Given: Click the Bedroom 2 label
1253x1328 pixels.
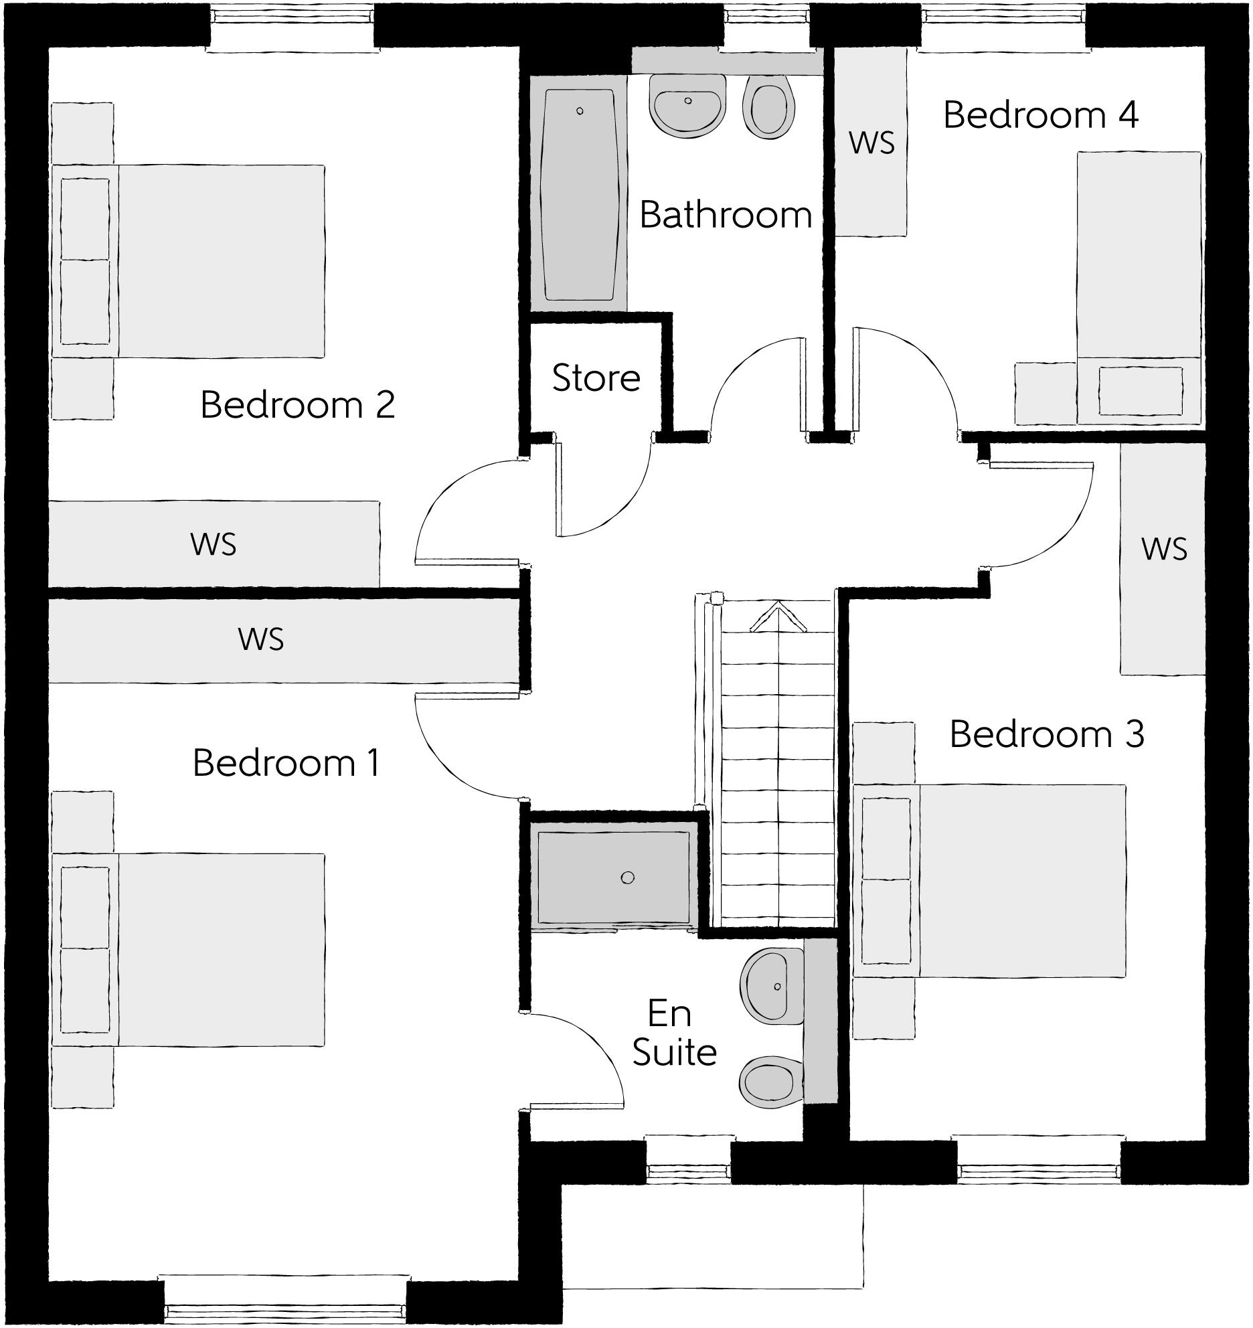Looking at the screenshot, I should coord(298,405).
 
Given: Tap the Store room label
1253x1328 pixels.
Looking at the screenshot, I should coord(596,378).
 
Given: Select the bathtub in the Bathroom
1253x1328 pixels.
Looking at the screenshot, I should coord(579,194).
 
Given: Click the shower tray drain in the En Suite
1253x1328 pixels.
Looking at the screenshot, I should coord(627,878).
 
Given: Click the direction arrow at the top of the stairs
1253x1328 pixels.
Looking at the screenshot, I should coord(778,617).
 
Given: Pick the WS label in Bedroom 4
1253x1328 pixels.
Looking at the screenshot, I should coord(871,143).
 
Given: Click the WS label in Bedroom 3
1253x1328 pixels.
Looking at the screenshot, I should coord(1164,549).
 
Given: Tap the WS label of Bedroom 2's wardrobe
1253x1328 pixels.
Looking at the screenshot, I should coord(214,544).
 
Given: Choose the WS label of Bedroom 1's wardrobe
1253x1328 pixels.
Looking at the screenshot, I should coord(261,639).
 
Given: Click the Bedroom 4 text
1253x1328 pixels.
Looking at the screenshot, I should coord(1041,115).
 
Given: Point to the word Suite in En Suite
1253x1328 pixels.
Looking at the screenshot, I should coord(674,1052).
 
